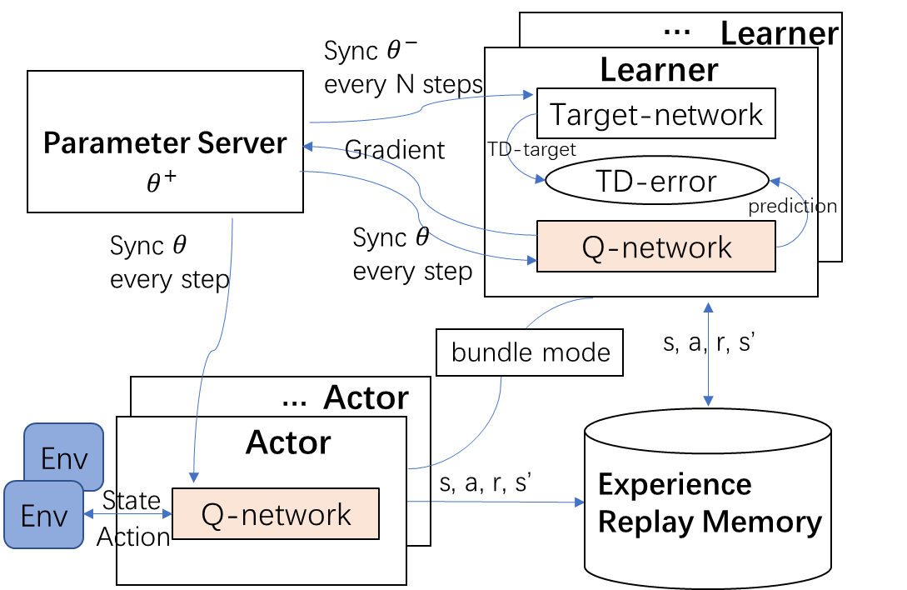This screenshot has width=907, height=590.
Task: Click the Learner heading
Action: coord(659,70)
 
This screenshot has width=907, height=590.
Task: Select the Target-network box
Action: coord(656,113)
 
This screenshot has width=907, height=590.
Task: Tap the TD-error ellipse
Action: coord(656,181)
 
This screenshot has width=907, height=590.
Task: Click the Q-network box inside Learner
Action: coord(656,247)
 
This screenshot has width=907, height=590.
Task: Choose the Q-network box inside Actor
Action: coord(276,514)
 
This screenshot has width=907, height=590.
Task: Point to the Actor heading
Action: coord(288,442)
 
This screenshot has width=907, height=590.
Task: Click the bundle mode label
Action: coord(531,352)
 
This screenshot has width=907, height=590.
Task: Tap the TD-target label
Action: coord(531,150)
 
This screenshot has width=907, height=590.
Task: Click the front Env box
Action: coord(43,516)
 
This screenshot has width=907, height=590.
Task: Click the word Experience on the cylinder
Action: coord(675,484)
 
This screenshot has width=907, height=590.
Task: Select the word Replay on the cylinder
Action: coord(635,522)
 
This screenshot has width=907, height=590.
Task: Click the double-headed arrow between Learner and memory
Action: coord(708,354)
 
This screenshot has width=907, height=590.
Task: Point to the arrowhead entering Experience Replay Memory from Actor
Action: coord(581,502)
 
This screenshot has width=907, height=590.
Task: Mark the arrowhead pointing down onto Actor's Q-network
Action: coord(193,477)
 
